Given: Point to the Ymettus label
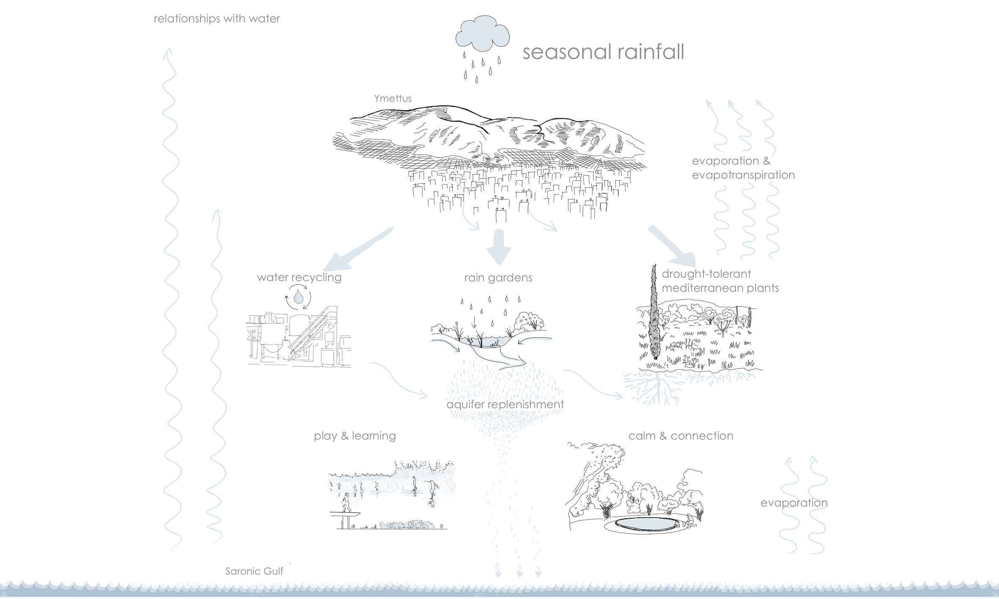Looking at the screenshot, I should coord(392,98).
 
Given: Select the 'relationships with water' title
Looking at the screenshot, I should coord(217,19).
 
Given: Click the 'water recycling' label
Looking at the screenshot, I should coord(299,277).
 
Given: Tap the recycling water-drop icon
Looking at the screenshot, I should coord(299,297).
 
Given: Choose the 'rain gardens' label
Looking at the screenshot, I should coord(498,278).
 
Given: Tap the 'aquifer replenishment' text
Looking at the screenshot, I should coord(505,405).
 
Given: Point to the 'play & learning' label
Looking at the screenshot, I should coord(355,436).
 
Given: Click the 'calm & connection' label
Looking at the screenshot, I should coord(681,436).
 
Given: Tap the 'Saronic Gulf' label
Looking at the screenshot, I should coord(254,572).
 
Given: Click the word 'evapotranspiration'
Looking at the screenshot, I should coord(743,175).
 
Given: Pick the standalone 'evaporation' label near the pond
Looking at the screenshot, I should coord(794,503).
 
